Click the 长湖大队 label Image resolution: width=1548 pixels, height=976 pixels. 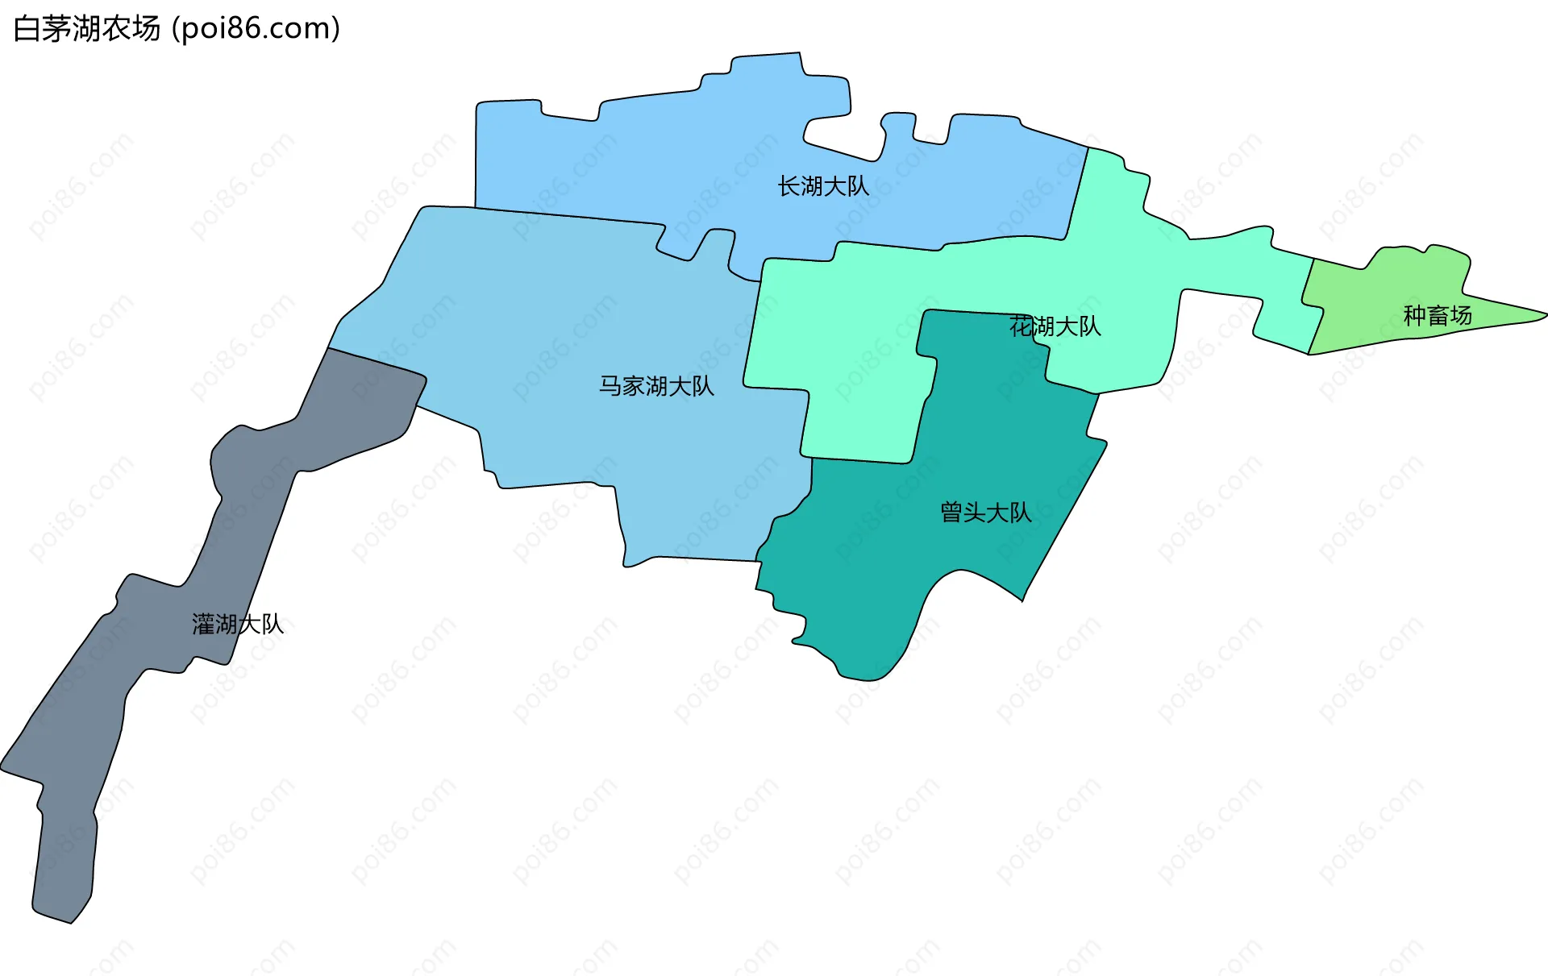(823, 187)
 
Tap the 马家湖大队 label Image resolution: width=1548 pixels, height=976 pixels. (656, 387)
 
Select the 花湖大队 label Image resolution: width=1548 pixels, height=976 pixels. (1055, 326)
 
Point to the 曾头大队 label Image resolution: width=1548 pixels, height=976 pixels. (985, 513)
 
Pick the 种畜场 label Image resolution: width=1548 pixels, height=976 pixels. (1438, 316)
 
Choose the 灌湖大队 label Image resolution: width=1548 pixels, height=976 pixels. (238, 625)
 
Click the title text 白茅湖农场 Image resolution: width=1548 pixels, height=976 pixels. (87, 29)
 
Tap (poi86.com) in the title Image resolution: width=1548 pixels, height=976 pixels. (256, 29)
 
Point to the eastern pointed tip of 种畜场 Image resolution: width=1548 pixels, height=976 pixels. (1543, 314)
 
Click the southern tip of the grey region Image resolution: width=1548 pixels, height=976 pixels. (71, 920)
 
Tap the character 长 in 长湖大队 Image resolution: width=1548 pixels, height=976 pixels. (789, 187)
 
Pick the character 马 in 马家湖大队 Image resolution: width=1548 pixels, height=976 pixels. (610, 387)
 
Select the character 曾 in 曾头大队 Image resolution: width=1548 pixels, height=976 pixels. (952, 513)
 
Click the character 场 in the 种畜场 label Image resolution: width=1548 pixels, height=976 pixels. (1461, 316)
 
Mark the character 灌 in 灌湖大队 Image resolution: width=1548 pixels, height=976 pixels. (203, 625)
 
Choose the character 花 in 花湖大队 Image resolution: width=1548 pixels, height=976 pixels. (1021, 326)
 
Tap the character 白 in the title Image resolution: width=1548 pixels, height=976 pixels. (27, 29)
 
